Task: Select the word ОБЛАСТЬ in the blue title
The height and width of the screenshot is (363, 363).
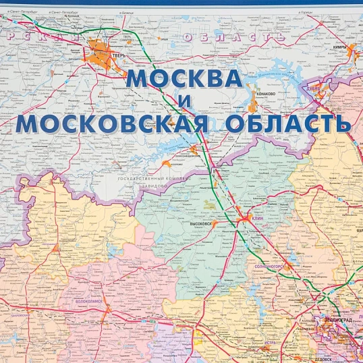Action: coord(288,123)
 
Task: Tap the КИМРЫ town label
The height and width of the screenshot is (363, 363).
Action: coord(340,48)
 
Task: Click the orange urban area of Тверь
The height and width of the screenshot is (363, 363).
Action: coord(101,51)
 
